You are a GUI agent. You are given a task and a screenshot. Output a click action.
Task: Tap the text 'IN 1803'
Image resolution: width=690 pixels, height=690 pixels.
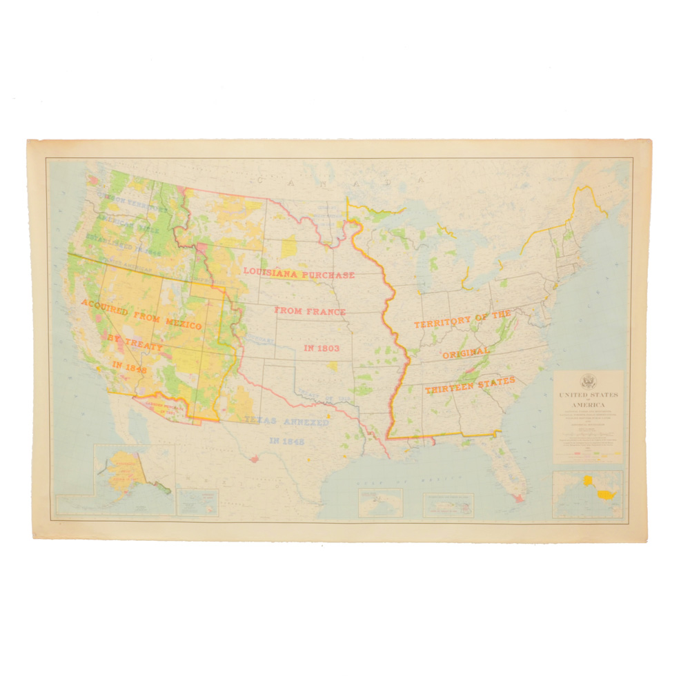click(x=322, y=348)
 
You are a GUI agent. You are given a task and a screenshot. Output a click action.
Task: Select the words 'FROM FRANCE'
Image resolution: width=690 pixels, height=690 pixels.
click(x=310, y=311)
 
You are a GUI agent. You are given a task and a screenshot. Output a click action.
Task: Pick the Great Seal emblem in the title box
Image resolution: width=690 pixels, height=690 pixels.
click(x=588, y=381)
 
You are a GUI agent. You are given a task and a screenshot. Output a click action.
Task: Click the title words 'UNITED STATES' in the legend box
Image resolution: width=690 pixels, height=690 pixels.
click(x=588, y=395)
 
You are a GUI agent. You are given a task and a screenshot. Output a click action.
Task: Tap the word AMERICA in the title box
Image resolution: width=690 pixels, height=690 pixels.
click(x=588, y=404)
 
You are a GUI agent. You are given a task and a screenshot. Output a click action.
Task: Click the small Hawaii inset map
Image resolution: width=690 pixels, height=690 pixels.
click(x=197, y=502)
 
